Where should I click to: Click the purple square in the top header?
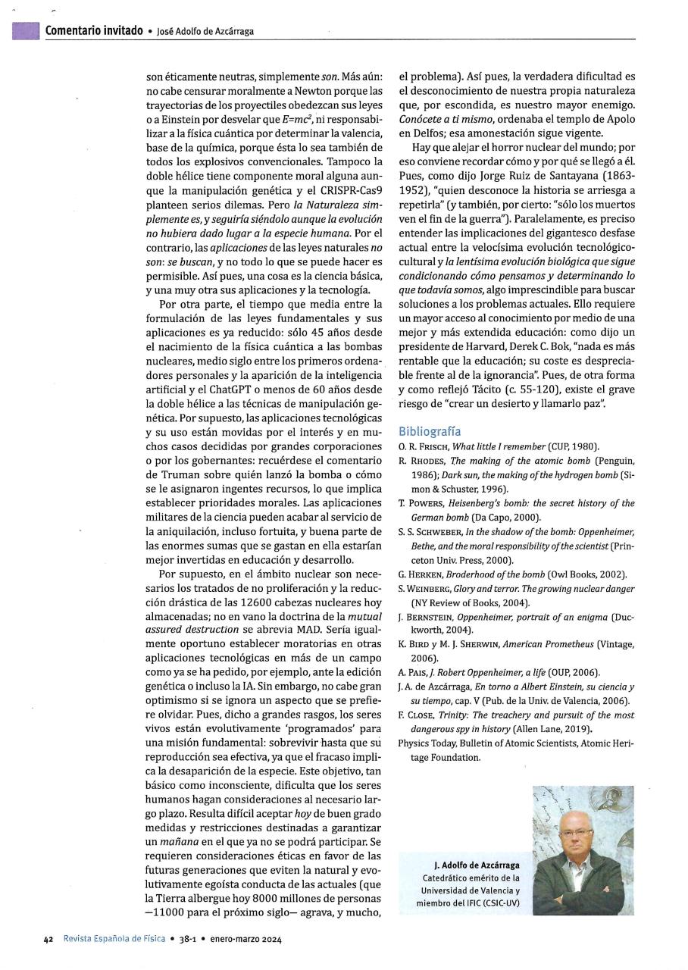[26, 30]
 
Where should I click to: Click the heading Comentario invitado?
[94, 30]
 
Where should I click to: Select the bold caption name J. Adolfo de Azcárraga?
[477, 865]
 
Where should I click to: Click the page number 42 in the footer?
[48, 939]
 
